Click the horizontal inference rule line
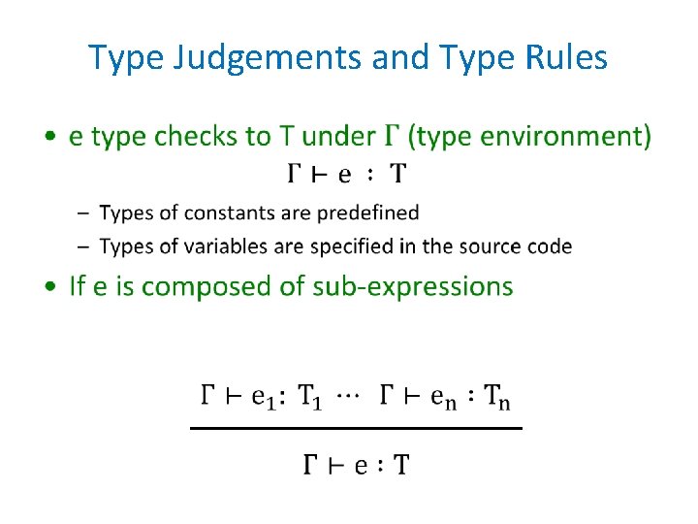(355, 427)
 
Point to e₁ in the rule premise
(264, 397)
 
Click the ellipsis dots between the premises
(346, 394)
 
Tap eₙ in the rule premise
(442, 397)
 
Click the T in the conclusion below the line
(399, 466)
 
